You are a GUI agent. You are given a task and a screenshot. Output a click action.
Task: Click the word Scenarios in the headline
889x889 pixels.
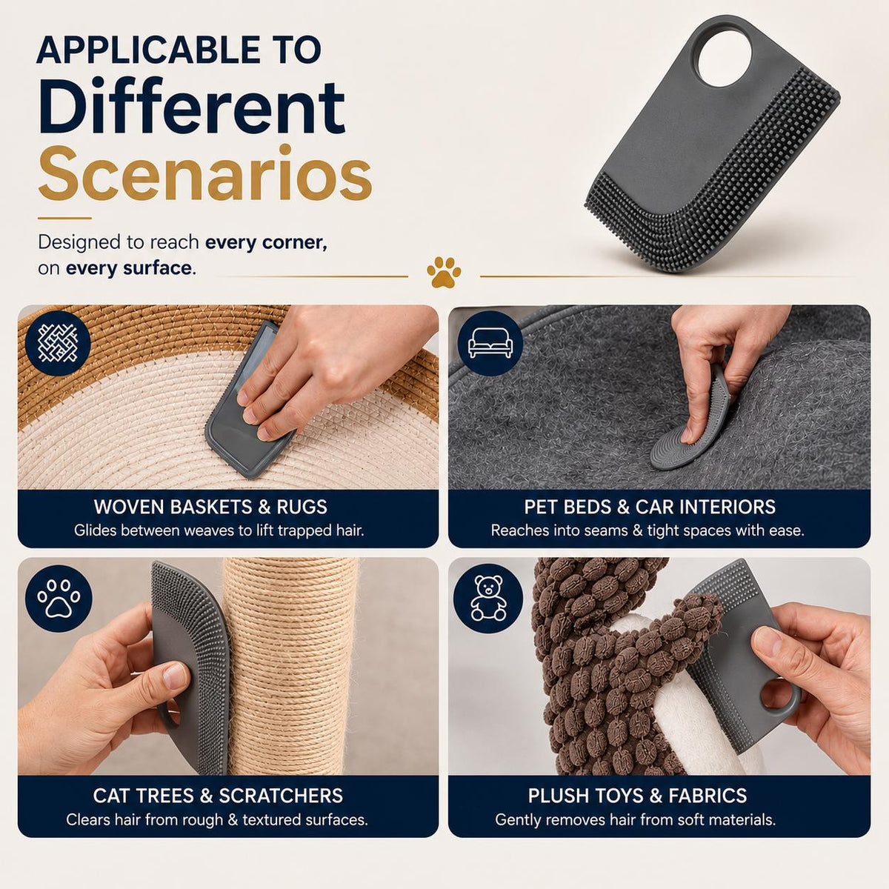pyautogui.click(x=204, y=173)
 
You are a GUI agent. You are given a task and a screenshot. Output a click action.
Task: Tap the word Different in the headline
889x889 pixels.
pyautogui.click(x=191, y=107)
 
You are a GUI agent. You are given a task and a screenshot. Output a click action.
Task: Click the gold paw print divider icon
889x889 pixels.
pyautogui.click(x=443, y=272)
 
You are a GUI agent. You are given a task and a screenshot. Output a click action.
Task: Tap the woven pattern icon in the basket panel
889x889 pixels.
pyautogui.click(x=58, y=343)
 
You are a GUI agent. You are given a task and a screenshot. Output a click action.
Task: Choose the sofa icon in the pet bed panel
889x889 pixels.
pyautogui.click(x=490, y=343)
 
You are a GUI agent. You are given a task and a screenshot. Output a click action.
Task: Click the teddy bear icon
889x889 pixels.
pyautogui.click(x=488, y=598)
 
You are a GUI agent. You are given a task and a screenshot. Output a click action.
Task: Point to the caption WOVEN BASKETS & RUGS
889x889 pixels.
pyautogui.click(x=210, y=507)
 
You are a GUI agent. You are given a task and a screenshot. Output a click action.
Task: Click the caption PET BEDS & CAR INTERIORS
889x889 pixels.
pyautogui.click(x=650, y=507)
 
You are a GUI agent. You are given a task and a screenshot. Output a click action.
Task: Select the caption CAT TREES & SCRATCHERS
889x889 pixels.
pyautogui.click(x=218, y=796)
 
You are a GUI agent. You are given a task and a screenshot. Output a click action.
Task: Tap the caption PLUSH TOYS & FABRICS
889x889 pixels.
pyautogui.click(x=637, y=796)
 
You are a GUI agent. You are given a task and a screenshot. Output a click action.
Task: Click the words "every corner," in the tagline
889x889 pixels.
pyautogui.click(x=266, y=243)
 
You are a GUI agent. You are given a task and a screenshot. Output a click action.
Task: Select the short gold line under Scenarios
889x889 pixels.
pyautogui.click(x=64, y=219)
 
